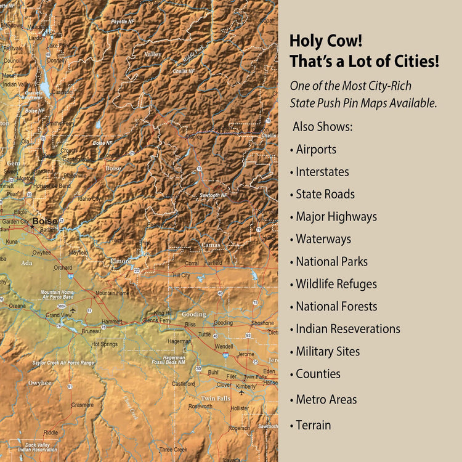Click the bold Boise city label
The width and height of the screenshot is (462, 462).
click(x=45, y=221)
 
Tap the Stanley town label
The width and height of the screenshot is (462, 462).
click(x=193, y=136)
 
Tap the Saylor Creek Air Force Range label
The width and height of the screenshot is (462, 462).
click(x=63, y=363)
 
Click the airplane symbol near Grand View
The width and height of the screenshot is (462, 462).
click(x=73, y=310)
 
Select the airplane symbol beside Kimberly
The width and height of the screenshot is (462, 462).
click(x=241, y=392)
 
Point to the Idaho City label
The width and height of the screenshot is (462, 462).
click(x=89, y=199)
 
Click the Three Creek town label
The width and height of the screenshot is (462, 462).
click(x=173, y=450)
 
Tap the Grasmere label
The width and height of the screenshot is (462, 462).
click(x=83, y=405)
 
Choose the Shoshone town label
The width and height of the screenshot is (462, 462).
click(x=262, y=323)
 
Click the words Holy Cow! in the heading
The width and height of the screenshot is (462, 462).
click(x=326, y=42)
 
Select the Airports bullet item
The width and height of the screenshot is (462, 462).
click(x=315, y=149)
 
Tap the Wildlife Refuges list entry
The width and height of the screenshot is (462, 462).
click(x=336, y=284)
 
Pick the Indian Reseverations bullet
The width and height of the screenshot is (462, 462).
click(x=347, y=329)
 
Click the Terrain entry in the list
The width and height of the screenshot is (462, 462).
click(x=313, y=425)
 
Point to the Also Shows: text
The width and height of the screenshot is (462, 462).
click(x=323, y=126)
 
